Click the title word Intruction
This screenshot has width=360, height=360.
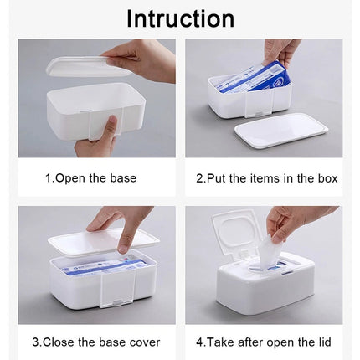click(x=180, y=18)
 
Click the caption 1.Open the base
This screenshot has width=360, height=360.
click(x=90, y=178)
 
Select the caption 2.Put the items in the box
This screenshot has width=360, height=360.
click(x=266, y=178)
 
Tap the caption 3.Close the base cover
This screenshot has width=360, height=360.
click(x=96, y=342)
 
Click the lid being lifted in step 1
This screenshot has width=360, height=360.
click(x=84, y=66)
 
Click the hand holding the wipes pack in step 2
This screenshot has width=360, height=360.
click(x=283, y=51)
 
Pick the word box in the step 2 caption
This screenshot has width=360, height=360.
click(x=327, y=178)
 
